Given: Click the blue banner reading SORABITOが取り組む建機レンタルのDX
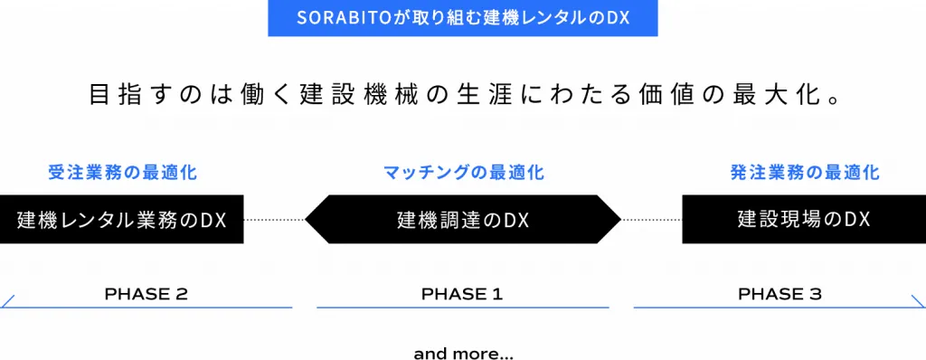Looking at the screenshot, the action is pyautogui.click(x=462, y=18).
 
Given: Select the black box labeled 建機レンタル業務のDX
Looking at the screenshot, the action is pyautogui.click(x=122, y=219).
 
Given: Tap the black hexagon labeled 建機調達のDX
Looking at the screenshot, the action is pyautogui.click(x=463, y=219).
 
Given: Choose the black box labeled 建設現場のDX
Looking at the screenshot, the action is pyautogui.click(x=804, y=219).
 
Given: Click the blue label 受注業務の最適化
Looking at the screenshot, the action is pyautogui.click(x=123, y=173).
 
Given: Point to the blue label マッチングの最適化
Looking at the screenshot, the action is pyautogui.click(x=464, y=173).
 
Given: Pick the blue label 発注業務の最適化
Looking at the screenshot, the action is pyautogui.click(x=805, y=173).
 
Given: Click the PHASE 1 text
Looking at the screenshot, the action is pyautogui.click(x=462, y=294).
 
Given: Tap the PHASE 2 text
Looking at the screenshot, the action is pyautogui.click(x=146, y=294).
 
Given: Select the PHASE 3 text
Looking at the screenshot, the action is pyautogui.click(x=780, y=294).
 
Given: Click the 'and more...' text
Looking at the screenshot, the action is pyautogui.click(x=464, y=354).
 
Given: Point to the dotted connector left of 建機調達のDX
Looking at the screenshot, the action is pyautogui.click(x=274, y=219).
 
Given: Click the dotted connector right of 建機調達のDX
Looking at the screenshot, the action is pyautogui.click(x=651, y=219).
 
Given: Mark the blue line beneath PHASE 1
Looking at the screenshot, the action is pyautogui.click(x=462, y=308).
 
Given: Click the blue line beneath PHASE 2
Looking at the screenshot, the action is pyautogui.click(x=146, y=308).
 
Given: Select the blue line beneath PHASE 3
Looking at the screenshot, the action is pyautogui.click(x=780, y=308).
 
